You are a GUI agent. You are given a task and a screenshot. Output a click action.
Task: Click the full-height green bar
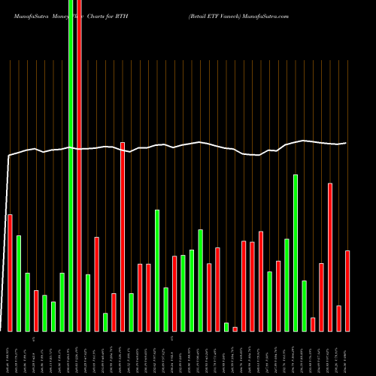point(71,196)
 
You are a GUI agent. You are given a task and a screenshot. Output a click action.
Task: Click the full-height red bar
point(79,196)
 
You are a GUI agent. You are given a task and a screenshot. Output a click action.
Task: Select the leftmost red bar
point(10,272)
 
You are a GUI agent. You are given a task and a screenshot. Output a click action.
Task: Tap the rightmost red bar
point(347,290)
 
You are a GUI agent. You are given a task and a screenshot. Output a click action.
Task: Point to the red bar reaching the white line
point(123,236)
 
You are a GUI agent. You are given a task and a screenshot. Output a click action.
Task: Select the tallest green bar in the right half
point(296,253)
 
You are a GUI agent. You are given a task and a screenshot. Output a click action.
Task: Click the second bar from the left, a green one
point(19,283)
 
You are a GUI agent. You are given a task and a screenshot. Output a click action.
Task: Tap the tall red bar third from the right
point(330,256)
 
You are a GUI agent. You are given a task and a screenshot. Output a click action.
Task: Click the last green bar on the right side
point(305,305)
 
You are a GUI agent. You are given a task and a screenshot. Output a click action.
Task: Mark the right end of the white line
point(346,143)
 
